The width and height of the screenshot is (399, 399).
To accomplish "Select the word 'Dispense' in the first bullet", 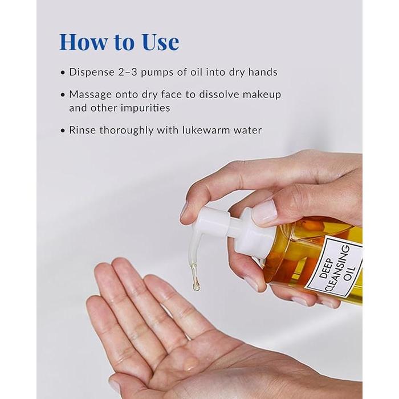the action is pyautogui.click(x=92, y=72).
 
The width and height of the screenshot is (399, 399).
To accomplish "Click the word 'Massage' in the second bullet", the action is pyautogui.click(x=90, y=95).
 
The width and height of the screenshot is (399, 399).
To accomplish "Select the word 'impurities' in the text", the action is pyautogui.click(x=145, y=108).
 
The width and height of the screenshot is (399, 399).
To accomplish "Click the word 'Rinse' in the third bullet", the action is pyautogui.click(x=82, y=131).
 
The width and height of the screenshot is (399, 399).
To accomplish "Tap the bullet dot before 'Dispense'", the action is pyautogui.click(x=63, y=73).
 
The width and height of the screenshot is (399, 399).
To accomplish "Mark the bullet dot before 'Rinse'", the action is pyautogui.click(x=63, y=131).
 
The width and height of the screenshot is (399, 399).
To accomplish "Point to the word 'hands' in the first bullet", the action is pyautogui.click(x=263, y=72).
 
